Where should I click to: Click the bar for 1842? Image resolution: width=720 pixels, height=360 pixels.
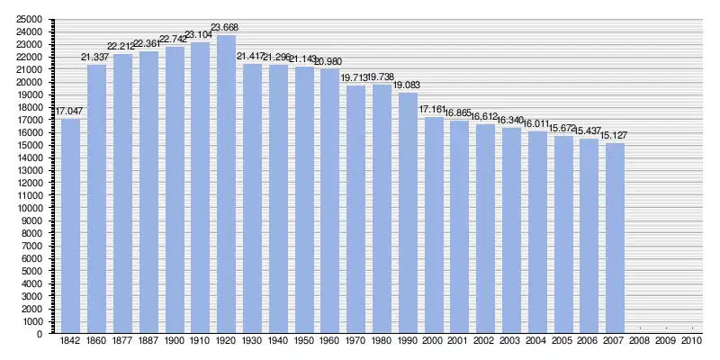coord(70,225)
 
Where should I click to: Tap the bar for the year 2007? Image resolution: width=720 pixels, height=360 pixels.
coord(615,238)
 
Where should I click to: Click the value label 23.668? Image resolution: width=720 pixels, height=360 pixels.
coord(226,28)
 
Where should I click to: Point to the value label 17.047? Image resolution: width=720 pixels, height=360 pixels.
coord(70,112)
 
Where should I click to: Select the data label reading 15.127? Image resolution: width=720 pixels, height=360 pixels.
coord(615,136)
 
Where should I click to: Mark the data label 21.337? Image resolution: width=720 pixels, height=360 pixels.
coord(96,58)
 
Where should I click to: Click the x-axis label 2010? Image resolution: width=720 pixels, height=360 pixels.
coord(692,342)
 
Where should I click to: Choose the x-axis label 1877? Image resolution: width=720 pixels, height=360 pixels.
coord(122,342)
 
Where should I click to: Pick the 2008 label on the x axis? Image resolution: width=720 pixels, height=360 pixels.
coord(640,342)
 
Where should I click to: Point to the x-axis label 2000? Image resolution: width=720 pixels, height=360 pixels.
coord(433,342)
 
